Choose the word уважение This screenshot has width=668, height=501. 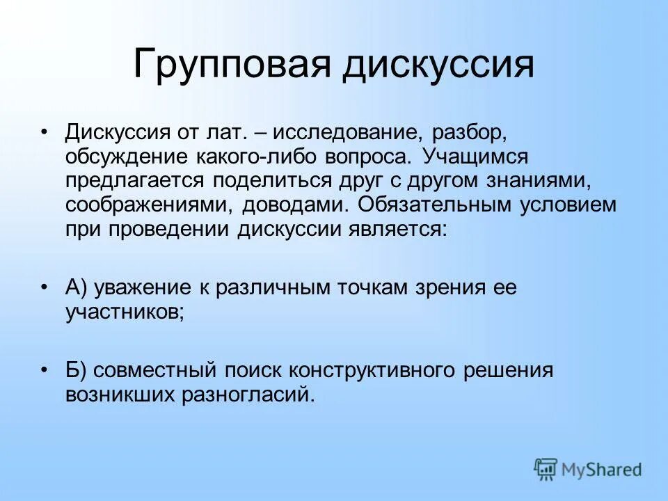coord(144,288)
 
